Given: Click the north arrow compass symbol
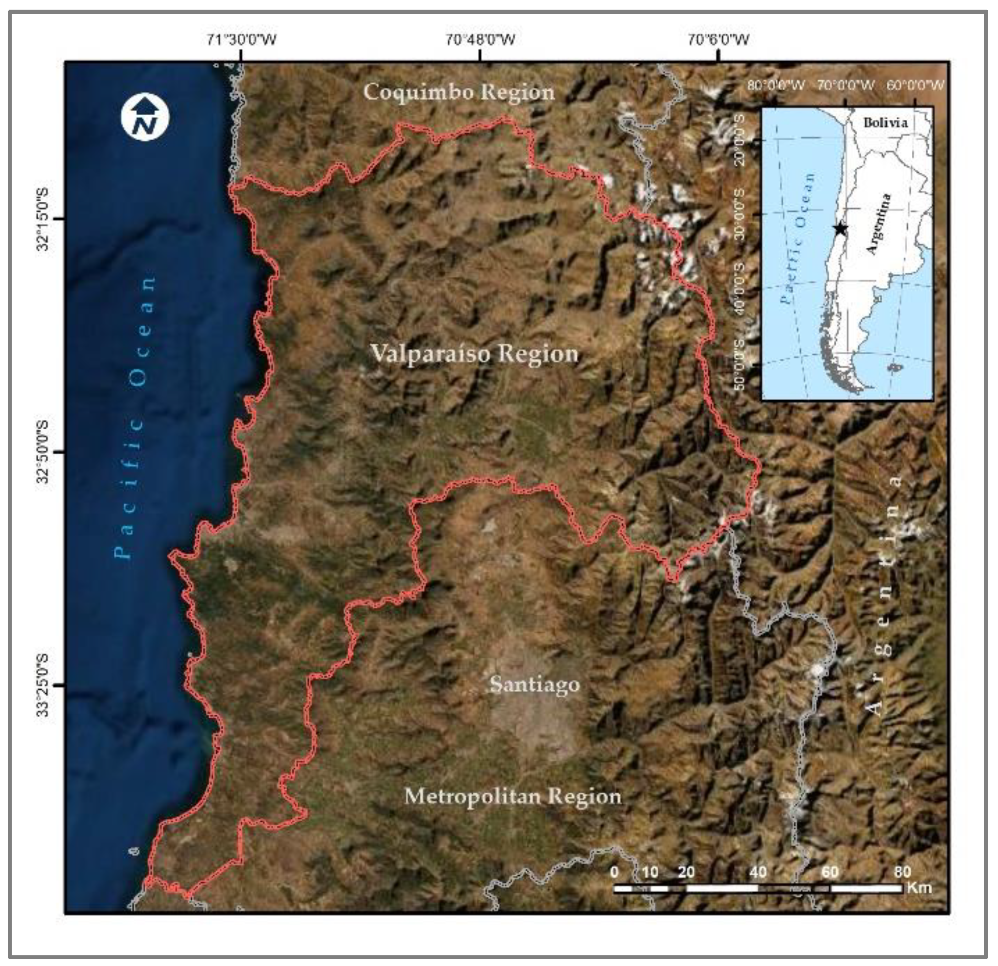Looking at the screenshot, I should (145, 117).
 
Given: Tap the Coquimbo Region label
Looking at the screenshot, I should (458, 92).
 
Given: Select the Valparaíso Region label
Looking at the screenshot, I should (474, 353).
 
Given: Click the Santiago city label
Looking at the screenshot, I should (534, 684).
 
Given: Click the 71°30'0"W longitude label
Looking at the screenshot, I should (242, 39).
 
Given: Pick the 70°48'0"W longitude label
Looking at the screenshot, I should (480, 39).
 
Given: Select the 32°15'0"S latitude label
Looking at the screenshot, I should (43, 219).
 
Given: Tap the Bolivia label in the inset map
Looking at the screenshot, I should (885, 122).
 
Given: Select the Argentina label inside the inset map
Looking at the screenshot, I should (879, 224).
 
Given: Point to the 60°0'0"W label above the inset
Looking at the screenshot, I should (915, 85).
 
